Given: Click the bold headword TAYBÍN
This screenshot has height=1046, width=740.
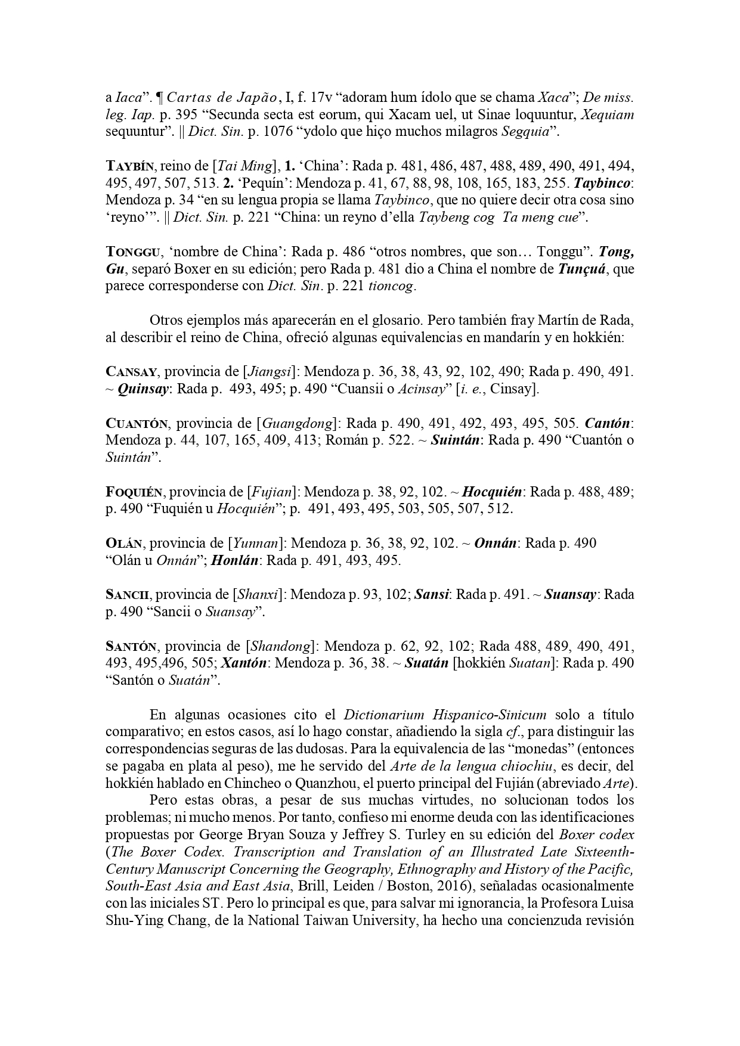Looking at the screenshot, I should (128, 166).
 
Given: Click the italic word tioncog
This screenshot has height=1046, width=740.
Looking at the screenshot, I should (391, 286).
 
